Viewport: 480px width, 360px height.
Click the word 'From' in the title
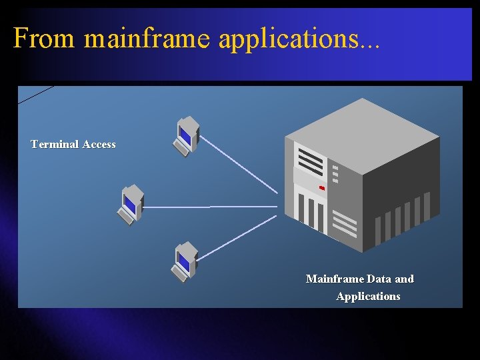coord(44,39)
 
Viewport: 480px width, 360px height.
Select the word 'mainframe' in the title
coord(147,39)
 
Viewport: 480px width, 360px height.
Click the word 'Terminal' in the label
coord(55,144)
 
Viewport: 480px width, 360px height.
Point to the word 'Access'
coord(99,144)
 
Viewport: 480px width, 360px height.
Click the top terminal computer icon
coord(186,136)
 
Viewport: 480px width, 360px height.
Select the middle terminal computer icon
coord(131,204)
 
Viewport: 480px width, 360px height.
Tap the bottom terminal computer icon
coord(185,261)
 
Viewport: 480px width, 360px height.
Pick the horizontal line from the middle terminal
coord(210,207)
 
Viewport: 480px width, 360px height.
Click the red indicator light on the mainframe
coord(322,188)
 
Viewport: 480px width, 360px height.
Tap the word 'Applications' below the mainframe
coord(368,296)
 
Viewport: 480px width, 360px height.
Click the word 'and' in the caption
coord(404,279)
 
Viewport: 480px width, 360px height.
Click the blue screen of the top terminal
coord(185,135)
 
